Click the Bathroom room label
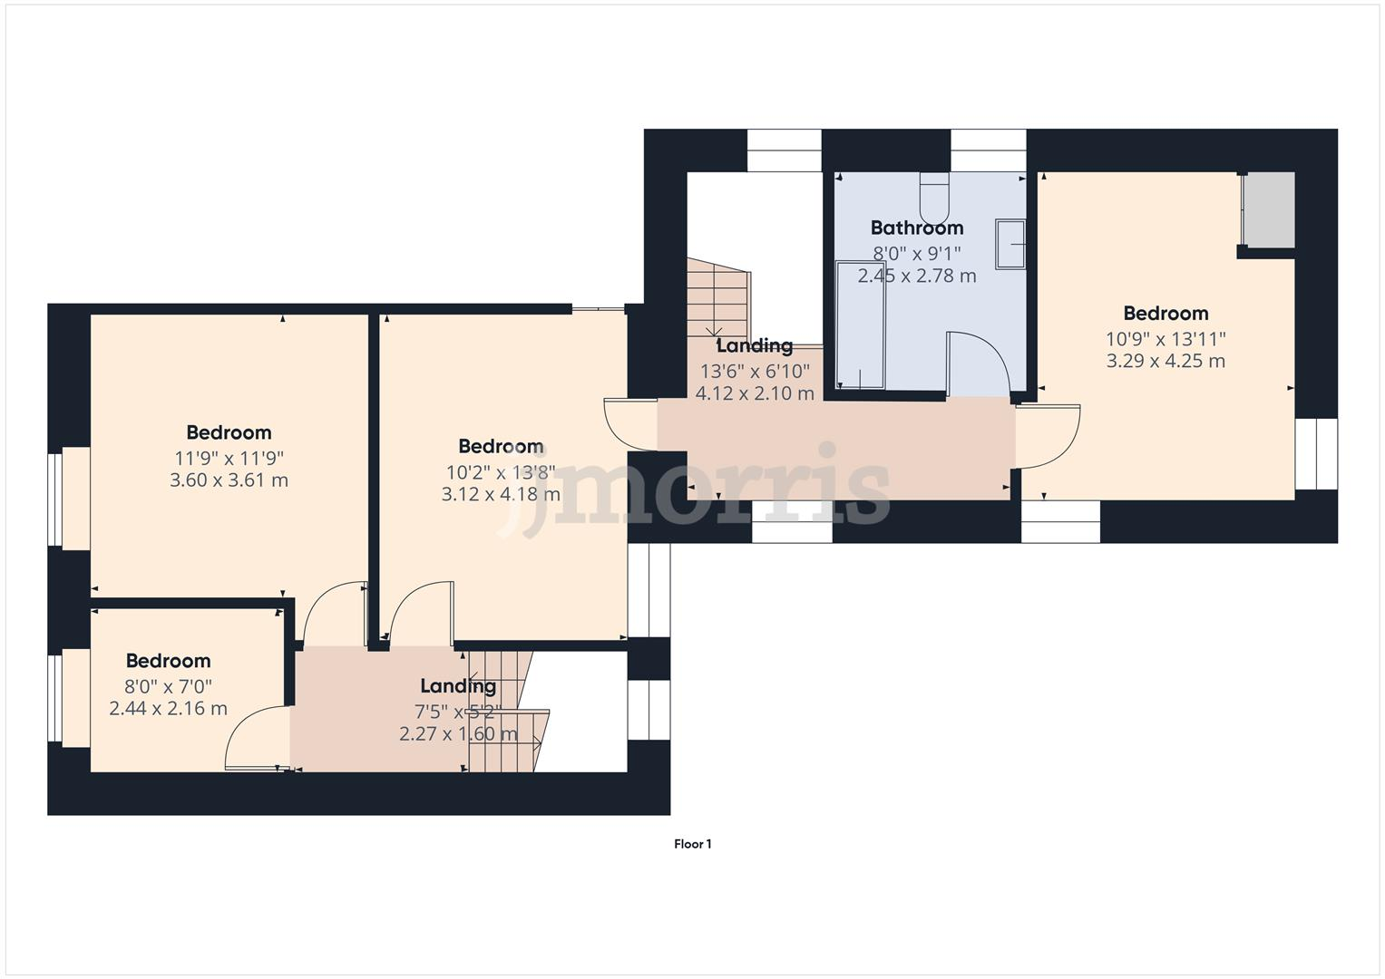(916, 228)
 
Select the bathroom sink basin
(1009, 244)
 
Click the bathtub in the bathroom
(859, 325)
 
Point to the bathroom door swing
(978, 363)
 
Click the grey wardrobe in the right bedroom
(1268, 209)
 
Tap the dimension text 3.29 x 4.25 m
(1165, 361)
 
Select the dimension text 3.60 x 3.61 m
(229, 480)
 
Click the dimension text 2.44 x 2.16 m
(168, 709)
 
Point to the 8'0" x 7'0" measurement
(168, 686)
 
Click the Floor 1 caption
(692, 844)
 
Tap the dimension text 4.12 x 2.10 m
(754, 393)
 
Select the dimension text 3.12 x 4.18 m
(501, 494)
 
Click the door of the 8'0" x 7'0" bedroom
(254, 739)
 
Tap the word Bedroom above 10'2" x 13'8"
(501, 446)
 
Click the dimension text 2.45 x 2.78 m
(916, 276)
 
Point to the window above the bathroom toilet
(988, 150)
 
